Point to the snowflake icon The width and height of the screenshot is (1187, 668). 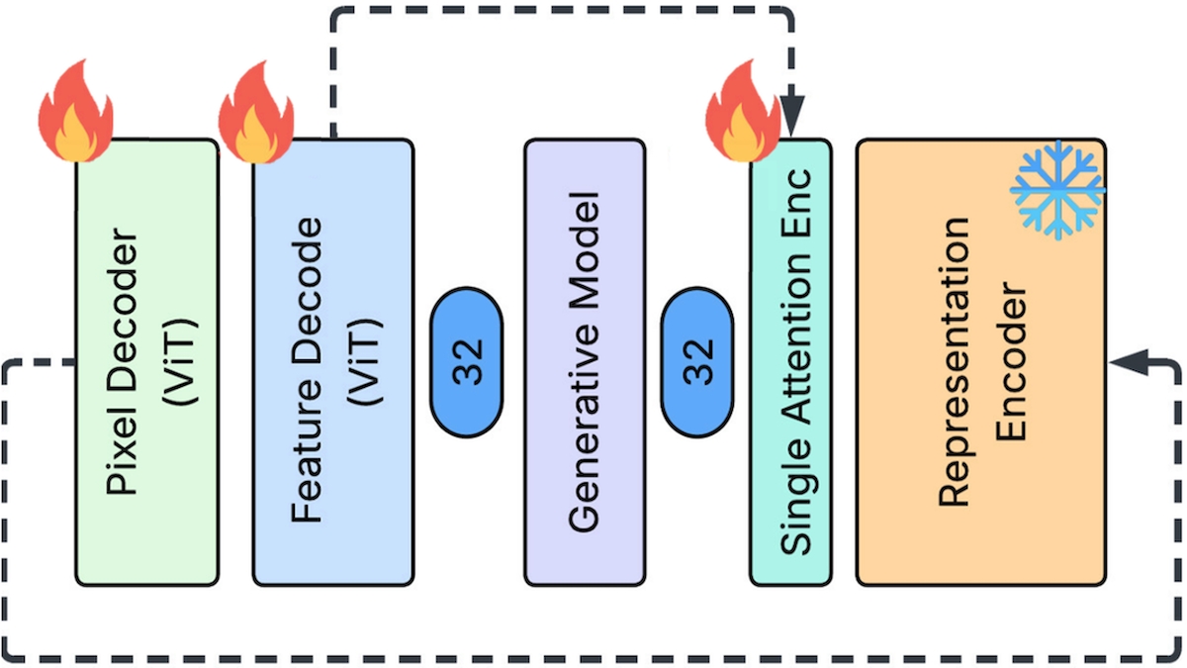coord(1057,189)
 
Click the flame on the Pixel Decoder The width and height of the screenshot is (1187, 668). coord(75,115)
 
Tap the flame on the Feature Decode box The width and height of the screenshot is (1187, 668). coord(255,115)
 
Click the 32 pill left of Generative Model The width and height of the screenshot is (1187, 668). coord(468,362)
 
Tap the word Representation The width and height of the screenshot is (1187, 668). coord(956,361)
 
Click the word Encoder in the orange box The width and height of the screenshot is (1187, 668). coord(1011,362)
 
